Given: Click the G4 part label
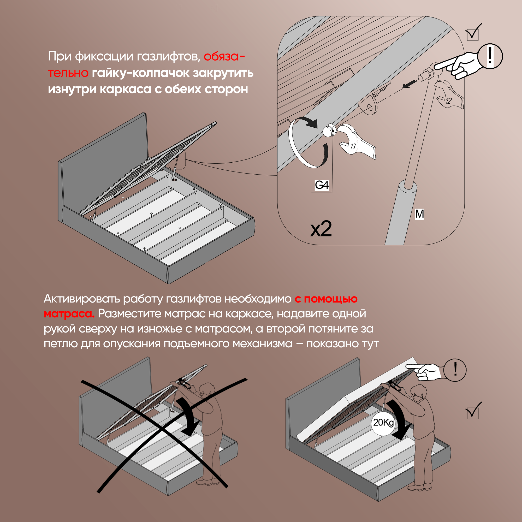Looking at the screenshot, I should pos(322,185).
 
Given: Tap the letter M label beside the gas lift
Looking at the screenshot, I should pos(419,214).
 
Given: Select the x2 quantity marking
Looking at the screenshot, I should pos(321,229).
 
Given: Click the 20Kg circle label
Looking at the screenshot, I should pos(383,422).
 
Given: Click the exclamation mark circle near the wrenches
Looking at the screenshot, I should pos(490,56).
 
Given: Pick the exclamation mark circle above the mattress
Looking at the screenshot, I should pos(455,370).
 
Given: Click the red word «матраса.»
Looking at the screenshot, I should pos(69,314).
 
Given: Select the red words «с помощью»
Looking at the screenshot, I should pos(326,299).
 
